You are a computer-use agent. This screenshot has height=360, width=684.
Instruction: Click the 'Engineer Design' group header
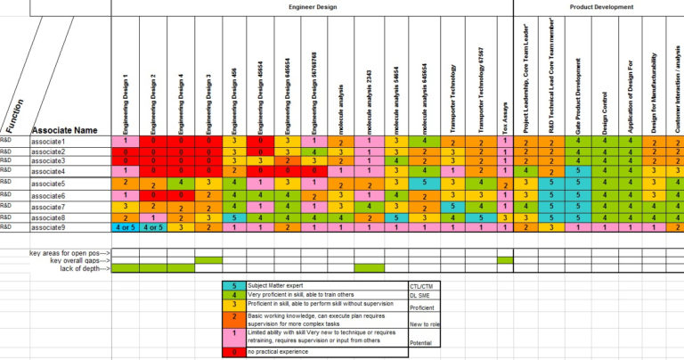[x=312, y=6]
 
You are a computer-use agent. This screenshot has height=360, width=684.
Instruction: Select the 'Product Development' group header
[x=601, y=6]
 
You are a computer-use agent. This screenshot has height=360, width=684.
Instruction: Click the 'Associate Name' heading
[x=64, y=130]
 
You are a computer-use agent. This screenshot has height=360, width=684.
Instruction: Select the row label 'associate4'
[x=50, y=170]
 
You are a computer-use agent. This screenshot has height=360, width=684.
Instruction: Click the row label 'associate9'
[x=50, y=227]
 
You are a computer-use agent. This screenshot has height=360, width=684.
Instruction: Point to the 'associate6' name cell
[x=50, y=195]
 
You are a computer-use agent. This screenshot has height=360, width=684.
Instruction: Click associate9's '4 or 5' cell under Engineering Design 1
[x=126, y=227]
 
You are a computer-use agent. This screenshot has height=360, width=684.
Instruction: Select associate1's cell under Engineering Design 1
[x=126, y=142]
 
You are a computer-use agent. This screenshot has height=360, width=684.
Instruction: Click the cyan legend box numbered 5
[x=233, y=286]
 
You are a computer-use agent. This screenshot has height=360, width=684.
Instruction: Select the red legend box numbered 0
[x=233, y=352]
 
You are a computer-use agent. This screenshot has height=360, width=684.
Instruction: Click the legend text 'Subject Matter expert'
[x=282, y=286]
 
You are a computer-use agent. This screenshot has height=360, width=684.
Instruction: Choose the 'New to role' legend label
[x=423, y=325]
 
